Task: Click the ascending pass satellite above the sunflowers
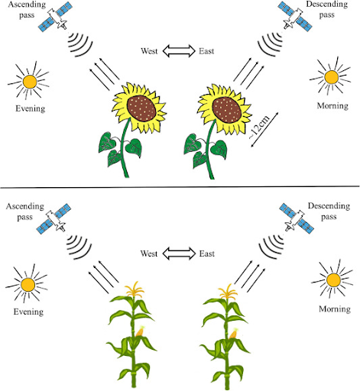point(54,18)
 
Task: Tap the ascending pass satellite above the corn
point(54,218)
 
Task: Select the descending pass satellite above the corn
point(297,218)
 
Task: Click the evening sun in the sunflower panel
point(30,81)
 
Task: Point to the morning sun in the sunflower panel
point(331,76)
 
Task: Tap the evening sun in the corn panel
point(28,284)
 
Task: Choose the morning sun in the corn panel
point(333,280)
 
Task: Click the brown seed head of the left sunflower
point(141,109)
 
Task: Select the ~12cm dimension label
point(258,128)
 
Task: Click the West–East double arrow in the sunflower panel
point(179,50)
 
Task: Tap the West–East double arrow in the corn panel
point(179,254)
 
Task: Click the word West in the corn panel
point(149,254)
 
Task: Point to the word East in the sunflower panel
point(206,51)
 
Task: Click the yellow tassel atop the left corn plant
point(135,289)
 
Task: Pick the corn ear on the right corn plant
point(234,334)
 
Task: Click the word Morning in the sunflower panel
point(332,105)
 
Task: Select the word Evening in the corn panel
point(28,312)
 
